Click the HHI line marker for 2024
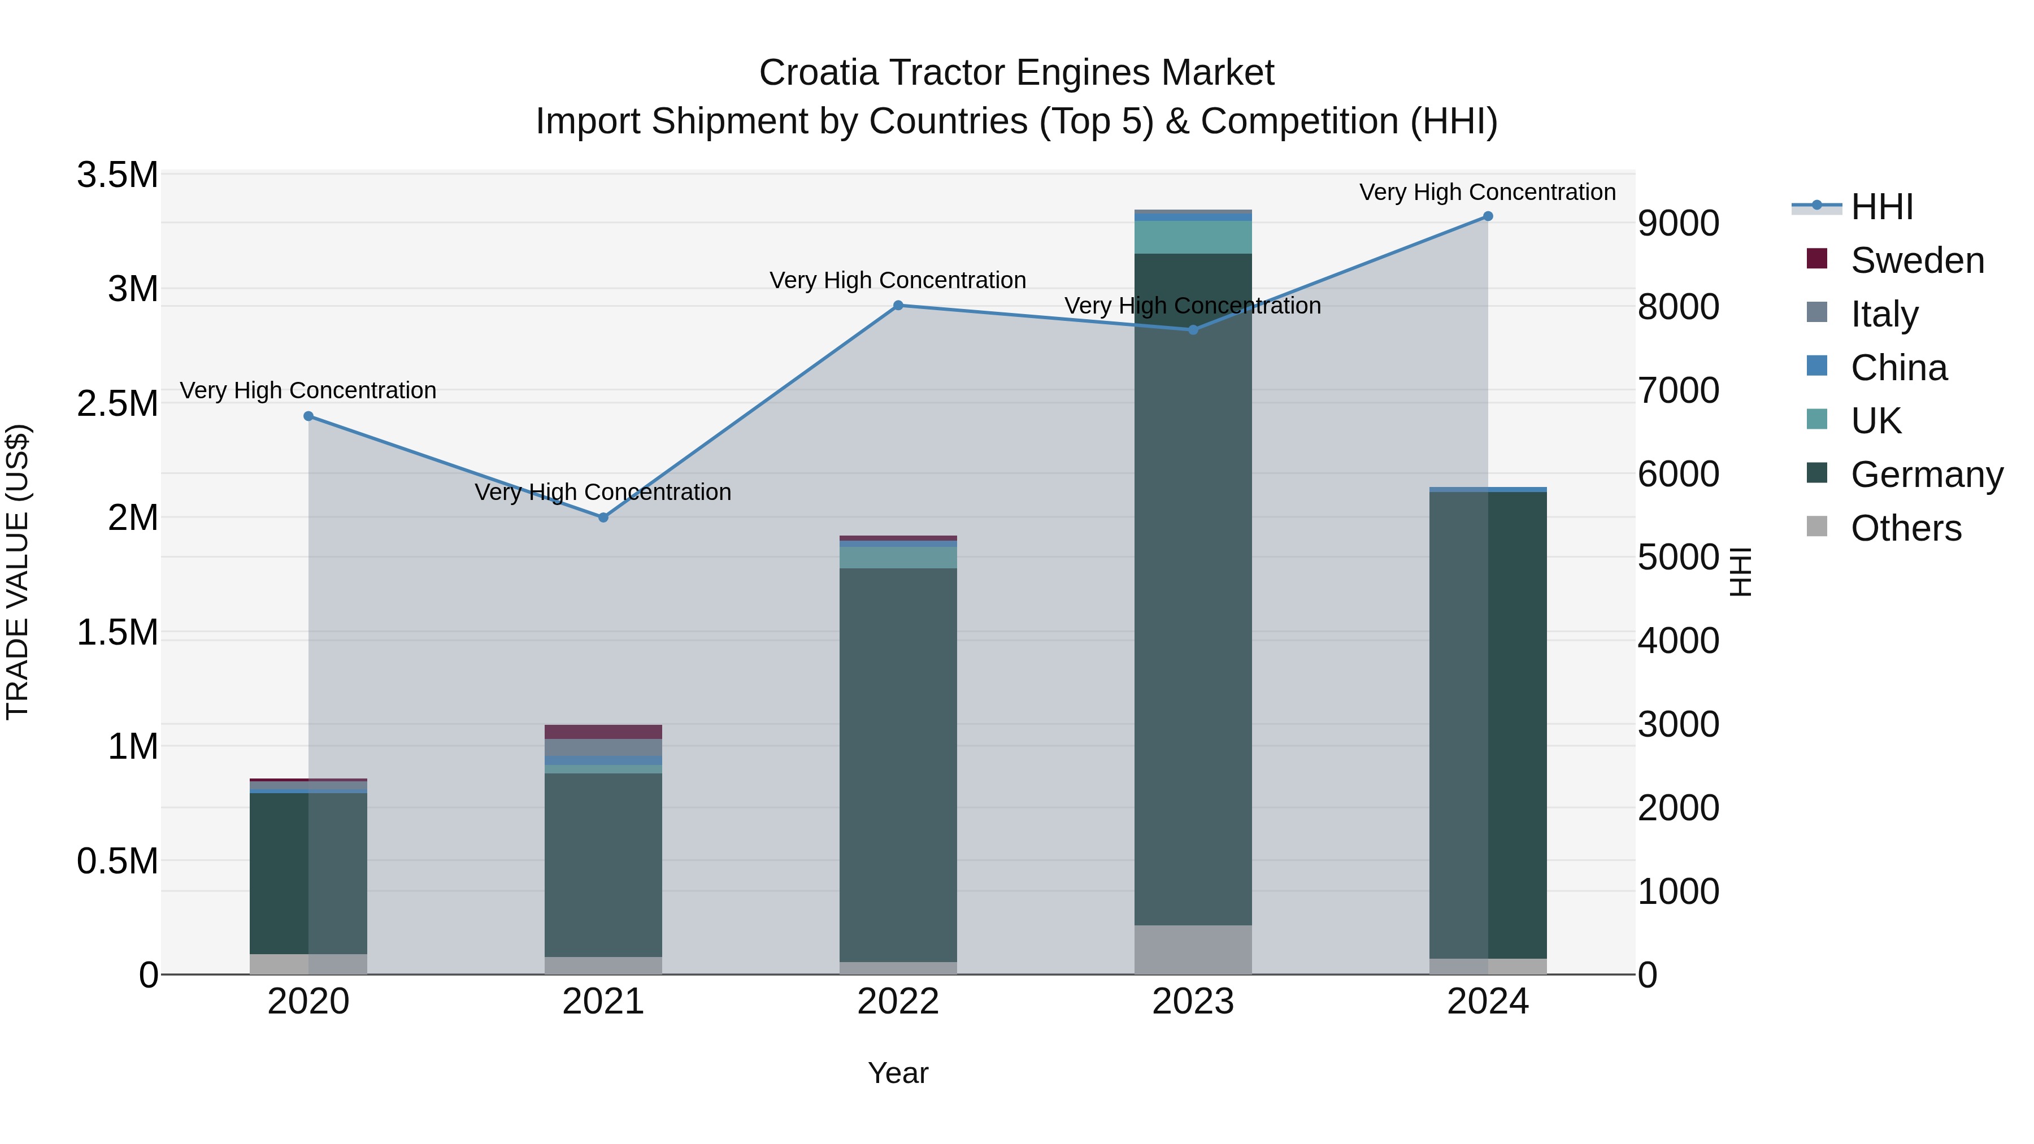(x=1488, y=216)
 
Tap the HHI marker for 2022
(x=898, y=306)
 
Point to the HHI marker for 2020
(x=308, y=416)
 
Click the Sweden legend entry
(x=1917, y=260)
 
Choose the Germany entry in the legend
(x=1927, y=475)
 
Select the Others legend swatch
(x=1817, y=527)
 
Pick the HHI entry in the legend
(x=1881, y=207)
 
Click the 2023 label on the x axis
(x=1192, y=1002)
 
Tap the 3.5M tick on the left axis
(x=118, y=175)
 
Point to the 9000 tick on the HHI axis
(x=1678, y=223)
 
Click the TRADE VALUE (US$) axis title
(x=18, y=572)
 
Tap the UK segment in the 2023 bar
(x=1192, y=237)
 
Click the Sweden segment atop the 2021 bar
(x=603, y=732)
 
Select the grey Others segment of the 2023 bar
(x=1192, y=950)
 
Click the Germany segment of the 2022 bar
(x=898, y=764)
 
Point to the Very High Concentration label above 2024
(x=1487, y=193)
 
